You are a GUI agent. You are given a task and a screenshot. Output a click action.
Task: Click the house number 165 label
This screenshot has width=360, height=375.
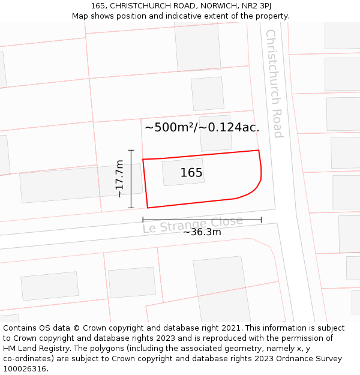pyautogui.click(x=191, y=173)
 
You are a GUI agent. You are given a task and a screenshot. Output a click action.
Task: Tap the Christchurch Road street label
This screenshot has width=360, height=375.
pyautogui.click(x=274, y=83)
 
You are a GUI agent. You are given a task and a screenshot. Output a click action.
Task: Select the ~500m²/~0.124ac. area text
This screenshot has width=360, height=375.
pyautogui.click(x=202, y=127)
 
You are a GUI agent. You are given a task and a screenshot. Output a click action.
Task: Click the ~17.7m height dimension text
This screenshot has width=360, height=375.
pyautogui.click(x=119, y=179)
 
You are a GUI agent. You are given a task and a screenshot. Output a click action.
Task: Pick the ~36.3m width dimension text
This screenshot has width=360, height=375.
pyautogui.click(x=202, y=232)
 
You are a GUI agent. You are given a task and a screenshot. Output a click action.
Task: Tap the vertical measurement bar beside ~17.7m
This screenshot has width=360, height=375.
pyautogui.click(x=131, y=179)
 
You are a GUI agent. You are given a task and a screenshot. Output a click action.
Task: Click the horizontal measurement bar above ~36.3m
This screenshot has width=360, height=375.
pyautogui.click(x=202, y=220)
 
